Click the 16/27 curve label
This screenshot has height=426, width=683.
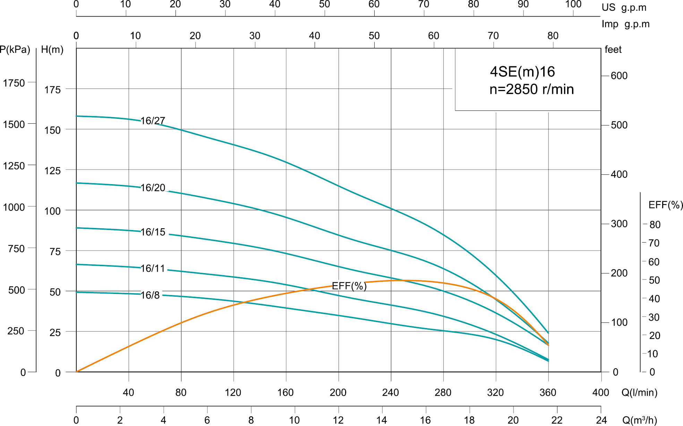tap(153, 121)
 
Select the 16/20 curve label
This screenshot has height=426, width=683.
tap(153, 188)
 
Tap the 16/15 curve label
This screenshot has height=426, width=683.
tap(153, 232)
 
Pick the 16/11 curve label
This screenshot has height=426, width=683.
tap(153, 268)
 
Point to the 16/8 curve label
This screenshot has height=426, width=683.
tap(150, 295)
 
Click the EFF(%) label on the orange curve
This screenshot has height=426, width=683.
tap(349, 286)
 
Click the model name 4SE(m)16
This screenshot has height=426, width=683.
tap(522, 72)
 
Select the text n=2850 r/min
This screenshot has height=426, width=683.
tap(531, 89)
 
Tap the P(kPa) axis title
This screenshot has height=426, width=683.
tap(15, 50)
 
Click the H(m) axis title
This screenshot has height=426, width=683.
tap(52, 50)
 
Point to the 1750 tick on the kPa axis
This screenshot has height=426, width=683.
tap(14, 83)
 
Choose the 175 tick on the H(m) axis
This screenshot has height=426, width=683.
tap(52, 90)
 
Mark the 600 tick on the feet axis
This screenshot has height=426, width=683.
tap(619, 76)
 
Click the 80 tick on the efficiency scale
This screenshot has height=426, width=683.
tap(655, 224)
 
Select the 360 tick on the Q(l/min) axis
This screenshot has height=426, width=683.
tap(548, 392)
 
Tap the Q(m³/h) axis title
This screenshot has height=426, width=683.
tap(639, 420)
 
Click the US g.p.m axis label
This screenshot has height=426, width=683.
tap(624, 8)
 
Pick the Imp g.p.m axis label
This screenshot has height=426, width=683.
tap(625, 24)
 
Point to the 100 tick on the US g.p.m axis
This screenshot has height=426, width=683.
tap(573, 5)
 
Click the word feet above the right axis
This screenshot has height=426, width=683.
tap(613, 50)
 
